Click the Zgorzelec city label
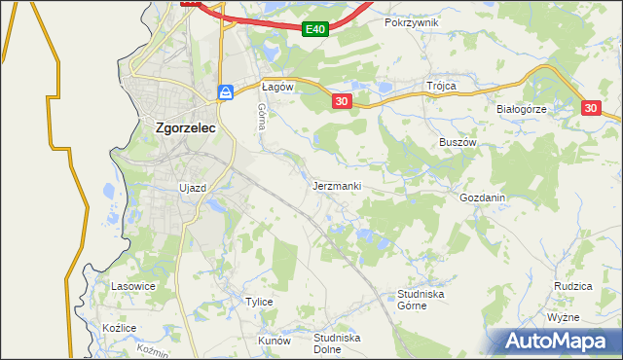pyautogui.click(x=186, y=126)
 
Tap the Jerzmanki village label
pyautogui.click(x=338, y=185)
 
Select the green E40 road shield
pyautogui.click(x=313, y=29)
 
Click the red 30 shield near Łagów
pyautogui.click(x=340, y=101)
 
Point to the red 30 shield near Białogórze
pyautogui.click(x=592, y=109)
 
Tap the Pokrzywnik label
pyautogui.click(x=412, y=21)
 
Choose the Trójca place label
pyautogui.click(x=441, y=86)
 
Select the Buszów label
pyautogui.click(x=457, y=141)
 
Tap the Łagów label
pyautogui.click(x=277, y=87)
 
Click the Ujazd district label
pyautogui.click(x=193, y=187)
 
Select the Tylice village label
pyautogui.click(x=259, y=302)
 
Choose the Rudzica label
pyautogui.click(x=573, y=286)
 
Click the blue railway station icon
pyautogui.click(x=226, y=92)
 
